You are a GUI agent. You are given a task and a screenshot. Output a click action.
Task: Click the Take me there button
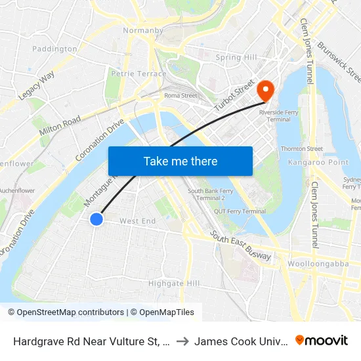tap(180, 161)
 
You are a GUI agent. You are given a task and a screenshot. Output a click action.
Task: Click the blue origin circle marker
tap(96, 219)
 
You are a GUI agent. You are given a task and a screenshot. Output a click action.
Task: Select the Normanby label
tap(143, 30)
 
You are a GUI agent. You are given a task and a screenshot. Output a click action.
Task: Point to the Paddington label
tap(54, 49)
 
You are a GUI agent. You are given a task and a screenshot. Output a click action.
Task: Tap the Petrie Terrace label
tap(139, 74)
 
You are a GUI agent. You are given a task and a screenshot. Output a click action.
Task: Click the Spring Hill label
tap(237, 58)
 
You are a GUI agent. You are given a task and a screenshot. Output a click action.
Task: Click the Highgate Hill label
tap(174, 283)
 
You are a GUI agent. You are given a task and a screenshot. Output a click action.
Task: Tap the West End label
tap(138, 221)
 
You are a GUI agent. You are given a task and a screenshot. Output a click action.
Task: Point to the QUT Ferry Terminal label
tap(240, 211)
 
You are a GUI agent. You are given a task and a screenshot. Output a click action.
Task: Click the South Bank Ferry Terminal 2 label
tap(207, 194)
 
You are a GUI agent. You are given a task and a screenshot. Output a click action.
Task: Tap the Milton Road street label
tap(60, 125)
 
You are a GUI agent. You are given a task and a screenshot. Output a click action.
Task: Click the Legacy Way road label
tap(37, 86)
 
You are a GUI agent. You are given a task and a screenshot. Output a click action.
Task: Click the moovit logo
tap(322, 340)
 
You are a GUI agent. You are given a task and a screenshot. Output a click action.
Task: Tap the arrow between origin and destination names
tap(182, 341)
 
